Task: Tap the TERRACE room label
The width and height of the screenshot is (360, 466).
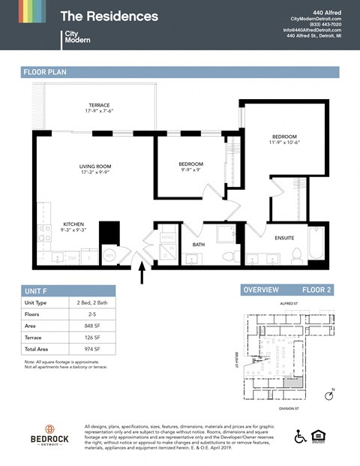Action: tap(100, 105)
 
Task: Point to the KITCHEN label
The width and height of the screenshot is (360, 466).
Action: tap(73, 224)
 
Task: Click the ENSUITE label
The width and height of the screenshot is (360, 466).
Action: tap(284, 238)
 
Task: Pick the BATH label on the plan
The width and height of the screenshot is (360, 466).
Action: tap(199, 244)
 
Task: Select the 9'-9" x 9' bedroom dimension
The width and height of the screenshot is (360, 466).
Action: tap(190, 170)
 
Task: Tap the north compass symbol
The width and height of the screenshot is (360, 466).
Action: tap(329, 395)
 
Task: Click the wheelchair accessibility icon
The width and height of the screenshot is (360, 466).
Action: tap(300, 437)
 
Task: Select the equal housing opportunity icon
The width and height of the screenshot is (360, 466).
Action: tap(323, 437)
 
